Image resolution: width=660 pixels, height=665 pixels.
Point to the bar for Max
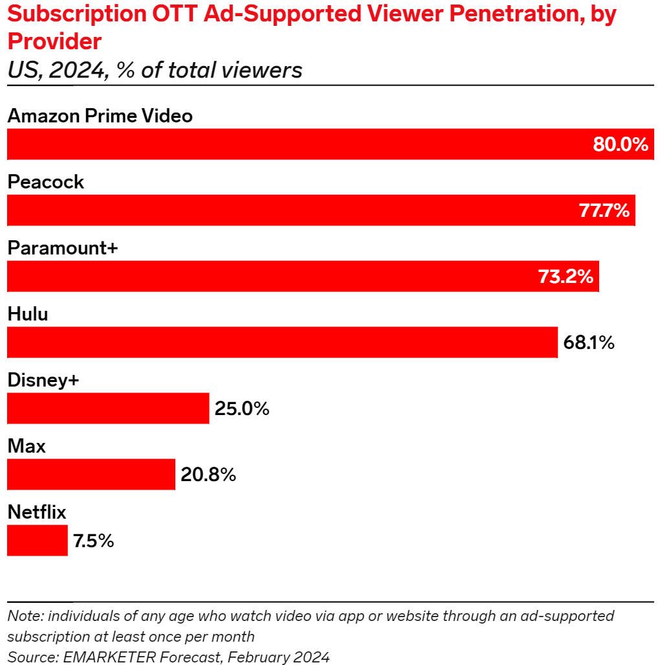pyautogui.click(x=91, y=475)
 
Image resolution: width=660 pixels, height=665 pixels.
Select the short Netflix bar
pyautogui.click(x=38, y=541)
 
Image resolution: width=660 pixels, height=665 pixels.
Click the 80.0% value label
pyautogui.click(x=620, y=144)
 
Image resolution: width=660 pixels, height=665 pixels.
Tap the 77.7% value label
pyautogui.click(x=602, y=210)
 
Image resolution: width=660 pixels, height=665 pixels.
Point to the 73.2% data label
pyautogui.click(x=566, y=276)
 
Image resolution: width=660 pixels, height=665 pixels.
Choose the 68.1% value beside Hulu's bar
pyautogui.click(x=588, y=343)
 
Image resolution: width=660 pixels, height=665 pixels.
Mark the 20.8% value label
pyautogui.click(x=208, y=475)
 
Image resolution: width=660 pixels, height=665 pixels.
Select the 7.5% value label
pyautogui.click(x=93, y=541)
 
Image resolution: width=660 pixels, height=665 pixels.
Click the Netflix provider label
pyautogui.click(x=37, y=512)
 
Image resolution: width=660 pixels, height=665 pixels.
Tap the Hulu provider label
pyautogui.click(x=28, y=314)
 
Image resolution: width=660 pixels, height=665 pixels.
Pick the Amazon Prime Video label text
pyautogui.click(x=100, y=116)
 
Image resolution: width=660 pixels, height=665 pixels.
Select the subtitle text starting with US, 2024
pyautogui.click(x=155, y=69)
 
